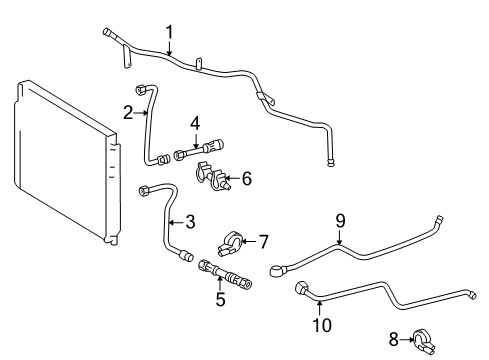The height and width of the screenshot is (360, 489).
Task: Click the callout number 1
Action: pos(170,31)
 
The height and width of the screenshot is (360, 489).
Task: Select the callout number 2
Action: pos(128,113)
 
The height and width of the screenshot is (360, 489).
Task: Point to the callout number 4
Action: pos(196,123)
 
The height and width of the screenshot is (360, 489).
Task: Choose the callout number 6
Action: pos(246,179)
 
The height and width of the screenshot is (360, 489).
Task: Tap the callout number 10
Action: pos(320,324)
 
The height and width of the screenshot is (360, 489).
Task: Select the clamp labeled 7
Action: pos(228,243)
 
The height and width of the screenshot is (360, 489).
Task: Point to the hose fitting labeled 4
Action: pos(195,152)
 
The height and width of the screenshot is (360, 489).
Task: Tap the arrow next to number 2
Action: pos(141,113)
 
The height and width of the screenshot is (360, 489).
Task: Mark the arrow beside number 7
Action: pos(250,240)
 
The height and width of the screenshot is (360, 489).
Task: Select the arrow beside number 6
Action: pos(232,180)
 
